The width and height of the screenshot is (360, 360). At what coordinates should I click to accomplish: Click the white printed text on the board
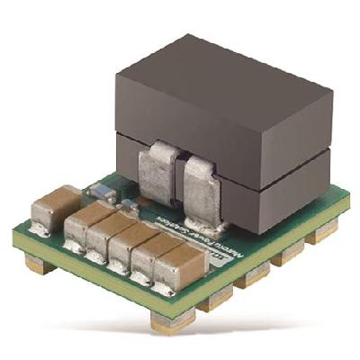click(179, 237)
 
